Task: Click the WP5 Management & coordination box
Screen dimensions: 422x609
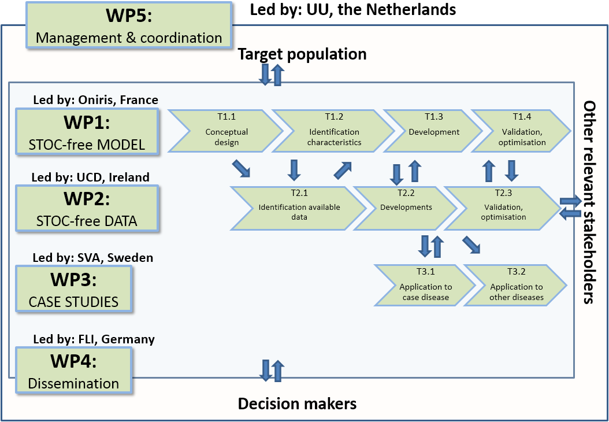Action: pos(129,25)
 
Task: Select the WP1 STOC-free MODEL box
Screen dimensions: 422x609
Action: pos(87,132)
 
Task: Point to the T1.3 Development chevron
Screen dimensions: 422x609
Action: pos(433,131)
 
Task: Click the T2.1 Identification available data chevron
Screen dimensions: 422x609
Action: pos(299,207)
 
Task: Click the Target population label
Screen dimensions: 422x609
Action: pos(302,54)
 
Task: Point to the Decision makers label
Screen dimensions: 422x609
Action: pos(297,404)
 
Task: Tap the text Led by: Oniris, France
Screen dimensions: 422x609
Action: pos(95,100)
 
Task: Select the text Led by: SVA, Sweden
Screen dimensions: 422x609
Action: pos(93,258)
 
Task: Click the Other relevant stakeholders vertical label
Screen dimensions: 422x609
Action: pos(589,202)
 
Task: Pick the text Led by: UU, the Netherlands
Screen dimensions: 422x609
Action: pos(353,10)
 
